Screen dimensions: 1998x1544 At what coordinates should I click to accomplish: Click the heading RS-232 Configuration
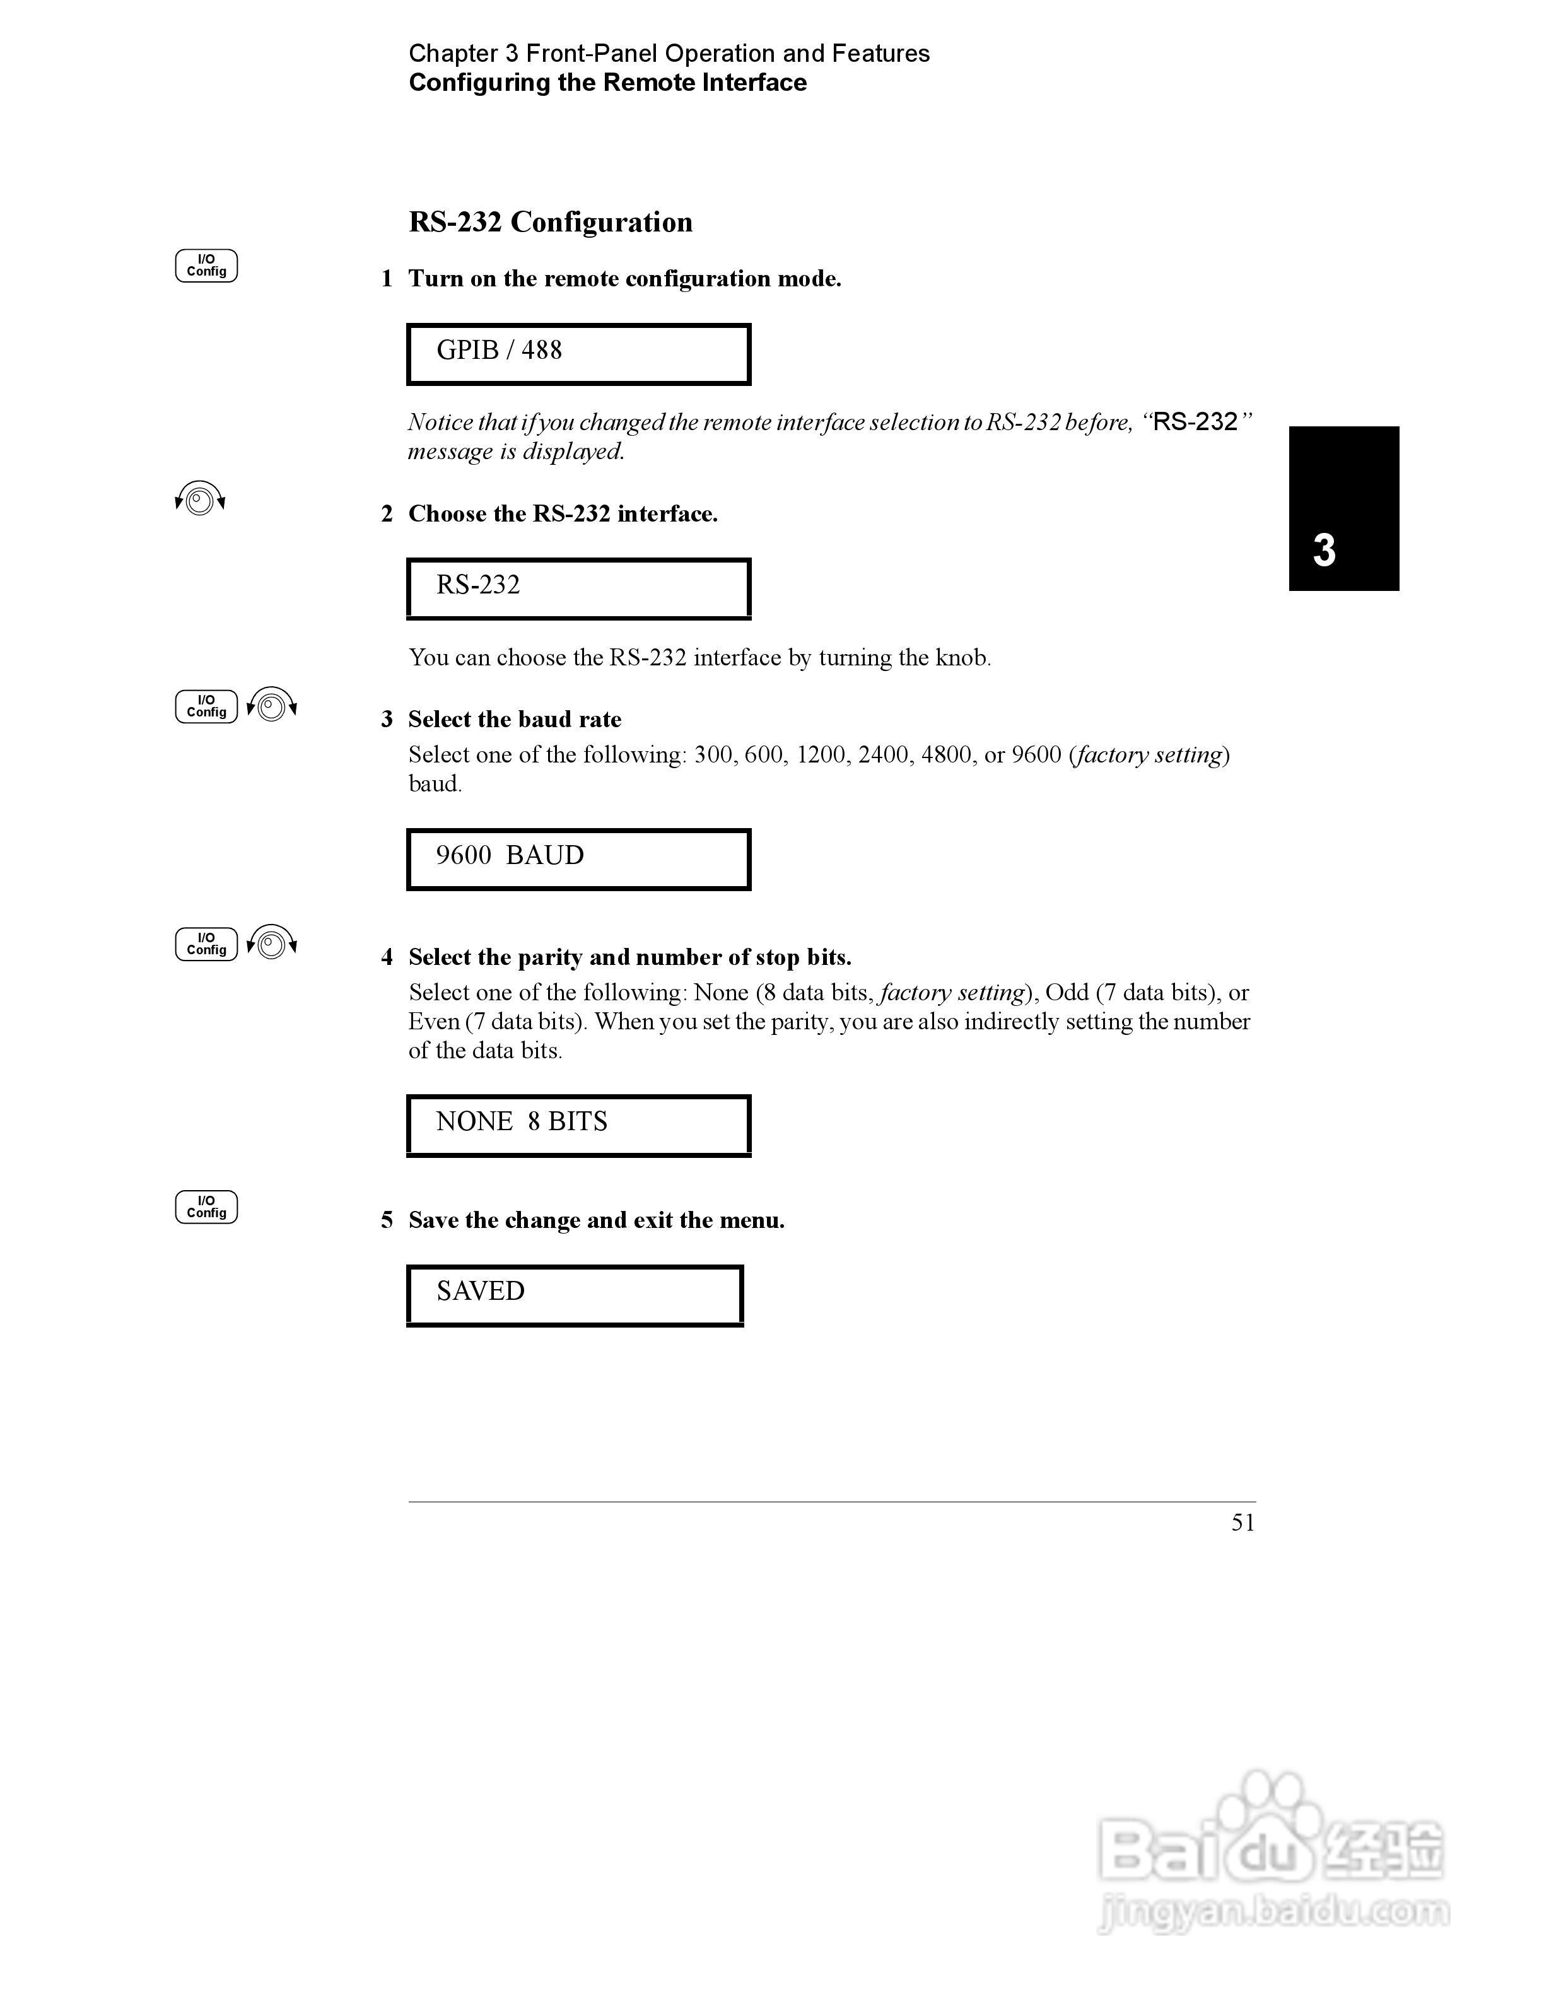tap(550, 222)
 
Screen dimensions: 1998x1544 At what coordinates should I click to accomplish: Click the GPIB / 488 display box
tap(578, 354)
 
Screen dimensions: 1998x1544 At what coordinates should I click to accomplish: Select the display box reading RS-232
tap(578, 588)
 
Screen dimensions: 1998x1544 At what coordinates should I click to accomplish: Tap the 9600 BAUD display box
tap(578, 859)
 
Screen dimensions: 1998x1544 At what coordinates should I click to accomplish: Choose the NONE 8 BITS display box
tap(578, 1125)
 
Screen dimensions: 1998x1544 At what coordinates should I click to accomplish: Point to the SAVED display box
tap(575, 1295)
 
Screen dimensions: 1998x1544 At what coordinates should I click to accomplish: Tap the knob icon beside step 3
tap(272, 705)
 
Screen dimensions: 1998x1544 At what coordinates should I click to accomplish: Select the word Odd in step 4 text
tap(1067, 993)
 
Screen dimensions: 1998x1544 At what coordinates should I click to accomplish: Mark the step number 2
tap(387, 514)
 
